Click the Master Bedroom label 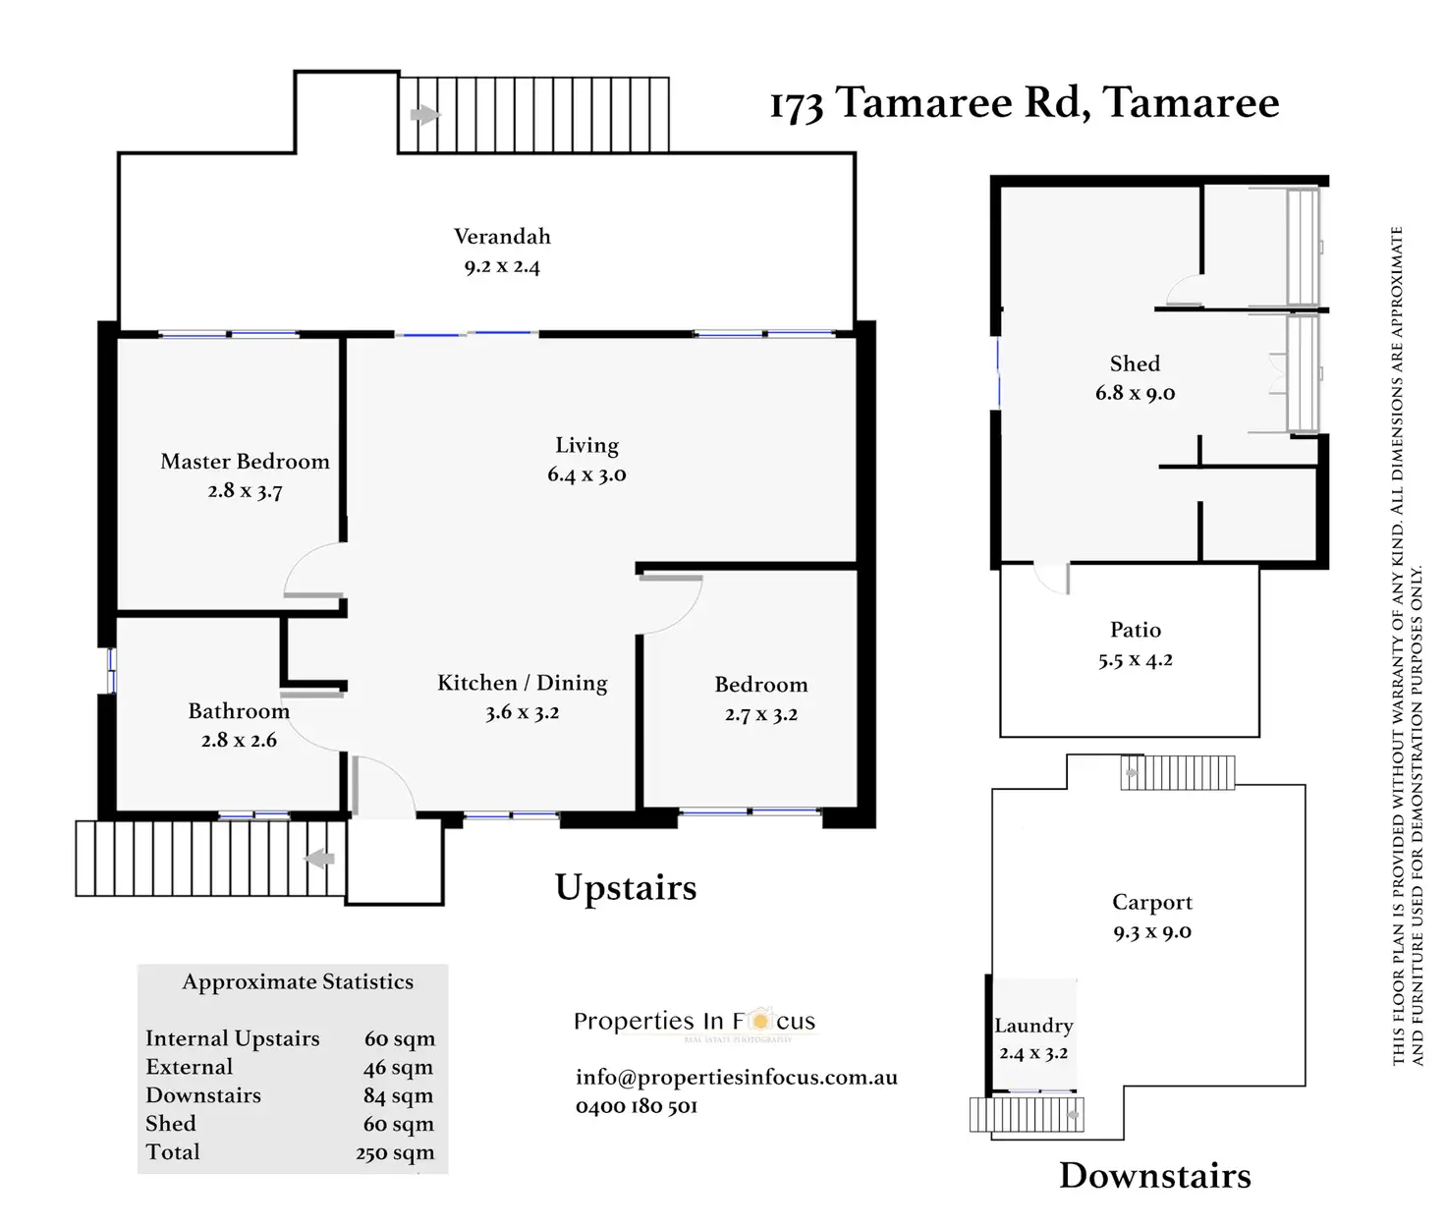tap(245, 462)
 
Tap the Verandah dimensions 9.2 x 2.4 tap(502, 266)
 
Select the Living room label tap(586, 445)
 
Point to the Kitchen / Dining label tap(522, 683)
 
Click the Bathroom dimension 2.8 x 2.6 tap(239, 740)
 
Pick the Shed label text tap(1135, 363)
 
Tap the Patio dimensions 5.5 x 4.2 tap(1135, 659)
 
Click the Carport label tap(1151, 902)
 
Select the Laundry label tap(1033, 1026)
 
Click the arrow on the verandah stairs tap(424, 115)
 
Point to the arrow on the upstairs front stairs tap(319, 859)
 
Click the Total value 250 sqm tap(395, 1152)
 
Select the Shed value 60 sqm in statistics tap(398, 1124)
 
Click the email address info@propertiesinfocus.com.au tap(736, 1077)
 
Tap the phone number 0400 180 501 tap(637, 1106)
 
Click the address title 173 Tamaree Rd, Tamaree tap(1024, 103)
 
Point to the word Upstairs tap(626, 887)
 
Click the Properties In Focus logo tap(695, 1022)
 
